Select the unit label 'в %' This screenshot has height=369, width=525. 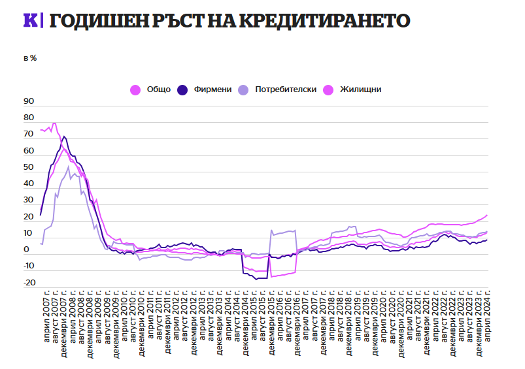[x=30, y=58]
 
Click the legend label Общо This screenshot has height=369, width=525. [x=158, y=89]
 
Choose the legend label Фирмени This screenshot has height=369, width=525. [x=212, y=89]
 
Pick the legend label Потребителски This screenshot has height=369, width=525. [x=286, y=89]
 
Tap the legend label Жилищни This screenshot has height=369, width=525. [x=360, y=89]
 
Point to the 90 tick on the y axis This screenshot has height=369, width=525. [x=28, y=102]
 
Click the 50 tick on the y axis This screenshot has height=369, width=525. [x=28, y=168]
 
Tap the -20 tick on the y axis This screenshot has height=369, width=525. [x=28, y=283]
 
